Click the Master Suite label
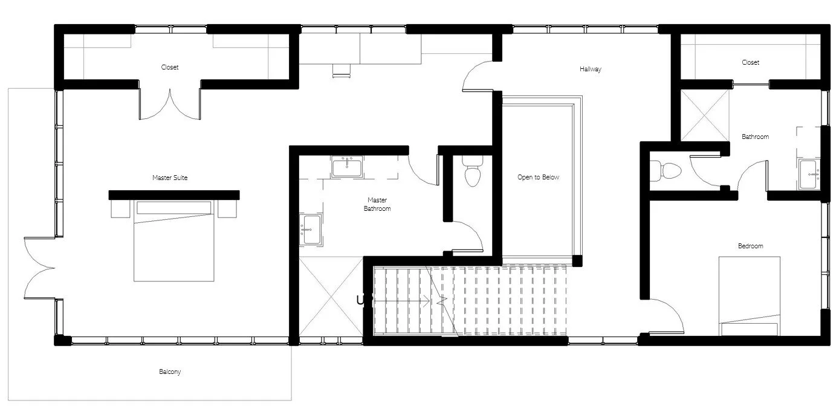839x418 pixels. [x=170, y=178]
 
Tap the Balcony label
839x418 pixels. [x=170, y=371]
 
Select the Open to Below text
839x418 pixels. [x=538, y=178]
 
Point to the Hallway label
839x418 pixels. [x=590, y=69]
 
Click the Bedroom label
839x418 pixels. [x=750, y=246]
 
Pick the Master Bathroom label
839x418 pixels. [x=377, y=204]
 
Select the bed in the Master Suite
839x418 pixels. [x=174, y=242]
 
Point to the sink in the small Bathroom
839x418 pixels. [x=809, y=174]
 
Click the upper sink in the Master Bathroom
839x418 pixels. [x=346, y=166]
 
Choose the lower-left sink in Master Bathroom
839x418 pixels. [x=311, y=230]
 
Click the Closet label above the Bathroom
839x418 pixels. [x=750, y=62]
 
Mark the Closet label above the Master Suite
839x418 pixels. [x=170, y=67]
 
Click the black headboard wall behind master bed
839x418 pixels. [x=174, y=195]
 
